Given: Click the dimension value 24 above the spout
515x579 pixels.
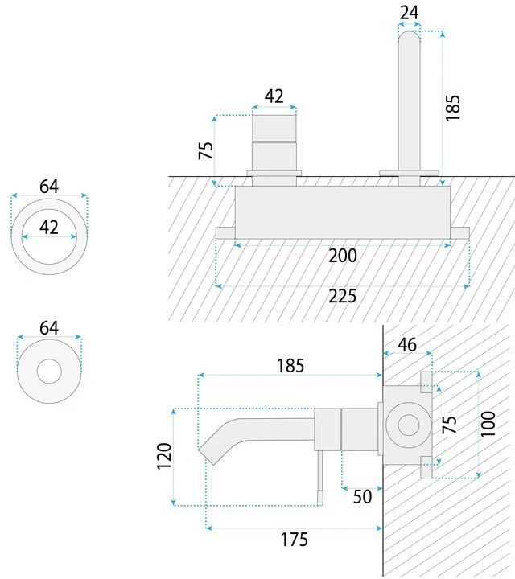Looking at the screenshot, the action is click(410, 13).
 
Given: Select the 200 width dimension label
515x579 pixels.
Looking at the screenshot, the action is click(343, 256).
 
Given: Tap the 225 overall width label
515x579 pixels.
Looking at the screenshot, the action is click(343, 296).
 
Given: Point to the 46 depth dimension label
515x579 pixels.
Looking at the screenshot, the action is click(407, 344).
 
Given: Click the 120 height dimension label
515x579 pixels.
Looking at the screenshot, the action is click(164, 456).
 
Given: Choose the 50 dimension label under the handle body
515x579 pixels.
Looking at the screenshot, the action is click(362, 497).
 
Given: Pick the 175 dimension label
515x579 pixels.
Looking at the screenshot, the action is click(294, 540).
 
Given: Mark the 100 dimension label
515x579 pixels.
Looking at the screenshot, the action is click(488, 424).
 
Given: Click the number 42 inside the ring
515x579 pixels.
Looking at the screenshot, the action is click(49, 228).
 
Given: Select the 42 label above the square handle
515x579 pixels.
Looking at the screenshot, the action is click(274, 96).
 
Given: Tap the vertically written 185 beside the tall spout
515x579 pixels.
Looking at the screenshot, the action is click(452, 108).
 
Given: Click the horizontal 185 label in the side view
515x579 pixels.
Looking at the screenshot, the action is click(290, 366).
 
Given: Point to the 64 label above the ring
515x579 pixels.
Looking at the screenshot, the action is click(49, 187).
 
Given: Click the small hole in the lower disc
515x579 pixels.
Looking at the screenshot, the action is click(49, 371).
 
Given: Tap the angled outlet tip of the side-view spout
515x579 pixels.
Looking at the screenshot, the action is click(208, 457).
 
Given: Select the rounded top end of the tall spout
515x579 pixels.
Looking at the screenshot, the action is click(410, 35).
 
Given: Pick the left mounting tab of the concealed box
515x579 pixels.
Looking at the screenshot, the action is click(225, 233).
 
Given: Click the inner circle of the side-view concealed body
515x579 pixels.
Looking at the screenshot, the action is click(409, 425).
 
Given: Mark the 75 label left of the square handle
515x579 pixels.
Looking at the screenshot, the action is click(206, 150).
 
